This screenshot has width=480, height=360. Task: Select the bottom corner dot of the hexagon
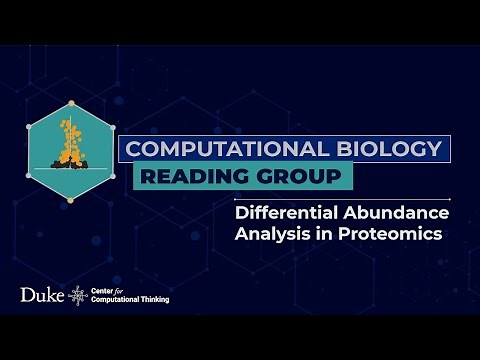(70, 201)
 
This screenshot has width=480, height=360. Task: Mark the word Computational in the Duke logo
(118, 301)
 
